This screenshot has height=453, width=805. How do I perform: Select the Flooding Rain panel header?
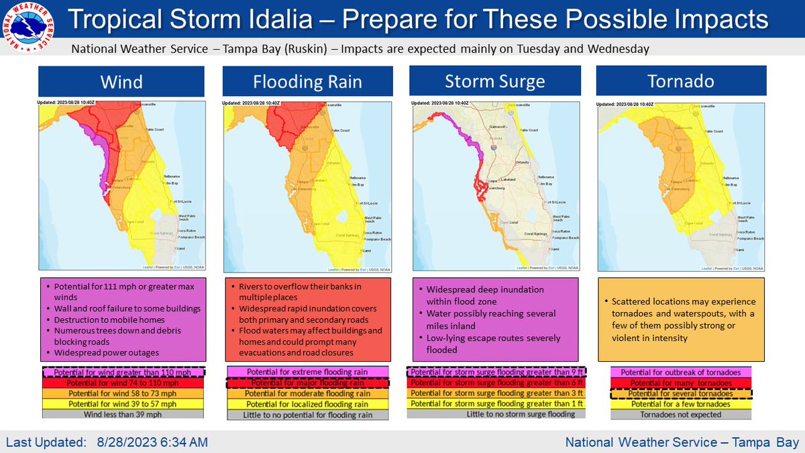[308, 82]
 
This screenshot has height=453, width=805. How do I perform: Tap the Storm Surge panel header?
[495, 82]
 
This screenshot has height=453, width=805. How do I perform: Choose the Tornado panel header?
[682, 82]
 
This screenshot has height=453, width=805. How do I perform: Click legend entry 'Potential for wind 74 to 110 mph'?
[121, 383]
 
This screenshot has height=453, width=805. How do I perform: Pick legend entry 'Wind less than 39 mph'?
[121, 414]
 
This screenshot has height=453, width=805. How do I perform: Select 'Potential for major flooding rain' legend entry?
[308, 383]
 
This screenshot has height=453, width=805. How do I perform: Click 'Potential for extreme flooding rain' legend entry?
[308, 372]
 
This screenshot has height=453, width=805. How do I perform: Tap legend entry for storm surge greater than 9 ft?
[495, 372]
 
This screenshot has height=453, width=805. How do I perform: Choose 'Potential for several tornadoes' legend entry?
[682, 394]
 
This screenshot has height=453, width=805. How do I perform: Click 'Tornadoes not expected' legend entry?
[682, 414]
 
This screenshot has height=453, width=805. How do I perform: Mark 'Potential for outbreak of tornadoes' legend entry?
[682, 372]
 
